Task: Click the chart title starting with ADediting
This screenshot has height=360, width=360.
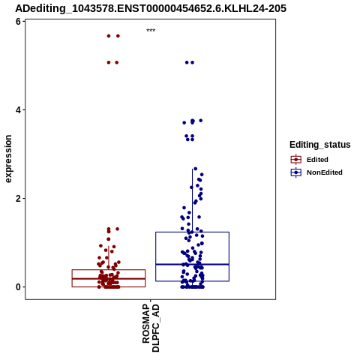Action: click(151, 8)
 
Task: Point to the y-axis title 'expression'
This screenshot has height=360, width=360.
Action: click(8, 159)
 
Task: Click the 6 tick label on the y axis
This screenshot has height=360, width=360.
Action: click(18, 22)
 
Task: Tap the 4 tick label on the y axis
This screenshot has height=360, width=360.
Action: click(18, 110)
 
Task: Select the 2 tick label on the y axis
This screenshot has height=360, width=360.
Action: click(18, 199)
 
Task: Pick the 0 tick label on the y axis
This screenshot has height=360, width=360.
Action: click(18, 287)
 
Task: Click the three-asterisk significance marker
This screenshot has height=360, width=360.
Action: click(151, 31)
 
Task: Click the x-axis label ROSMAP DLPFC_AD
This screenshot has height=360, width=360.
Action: click(151, 328)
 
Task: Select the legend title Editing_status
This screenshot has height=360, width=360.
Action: click(320, 145)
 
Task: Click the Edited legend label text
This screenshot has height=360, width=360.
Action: click(317, 160)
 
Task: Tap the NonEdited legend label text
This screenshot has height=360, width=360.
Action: click(325, 172)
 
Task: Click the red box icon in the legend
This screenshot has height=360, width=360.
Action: click(296, 160)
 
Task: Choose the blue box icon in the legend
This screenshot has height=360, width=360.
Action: click(296, 172)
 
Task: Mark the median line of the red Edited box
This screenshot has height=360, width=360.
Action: click(109, 278)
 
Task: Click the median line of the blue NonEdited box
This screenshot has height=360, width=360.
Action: click(192, 264)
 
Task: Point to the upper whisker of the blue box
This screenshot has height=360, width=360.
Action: click(192, 200)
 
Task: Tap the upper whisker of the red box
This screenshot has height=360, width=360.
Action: click(109, 258)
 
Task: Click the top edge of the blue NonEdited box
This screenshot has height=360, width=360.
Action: click(192, 232)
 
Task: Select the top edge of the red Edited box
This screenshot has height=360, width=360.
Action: click(109, 270)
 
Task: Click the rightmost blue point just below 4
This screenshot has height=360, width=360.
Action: click(200, 121)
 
